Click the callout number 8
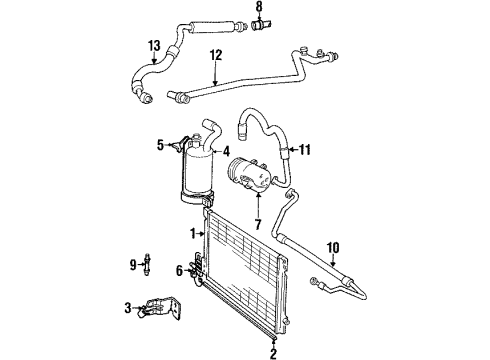259,6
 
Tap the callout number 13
154,46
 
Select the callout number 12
216,55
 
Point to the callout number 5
161,145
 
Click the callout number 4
226,152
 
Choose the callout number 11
305,149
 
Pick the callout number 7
258,224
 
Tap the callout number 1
193,233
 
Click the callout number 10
333,248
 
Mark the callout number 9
133,265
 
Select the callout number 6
179,271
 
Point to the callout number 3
128,308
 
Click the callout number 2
273,353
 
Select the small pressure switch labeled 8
262,25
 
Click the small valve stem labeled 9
147,264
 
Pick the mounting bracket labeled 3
160,308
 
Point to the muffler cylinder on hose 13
211,27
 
